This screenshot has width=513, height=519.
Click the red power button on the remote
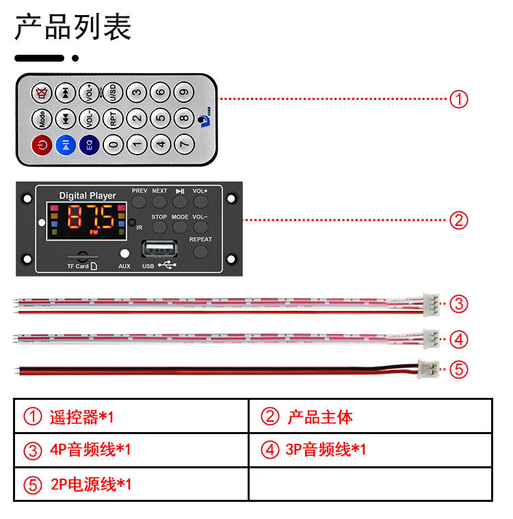click(x=41, y=144)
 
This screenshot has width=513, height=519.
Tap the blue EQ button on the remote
click(x=88, y=144)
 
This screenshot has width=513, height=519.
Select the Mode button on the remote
click(x=41, y=118)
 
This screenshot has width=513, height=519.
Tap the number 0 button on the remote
click(x=113, y=144)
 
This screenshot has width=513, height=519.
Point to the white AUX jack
click(x=124, y=253)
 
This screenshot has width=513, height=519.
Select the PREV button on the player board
click(x=140, y=201)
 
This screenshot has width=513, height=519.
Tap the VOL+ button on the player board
click(x=200, y=201)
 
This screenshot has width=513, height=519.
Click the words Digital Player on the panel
click(x=88, y=196)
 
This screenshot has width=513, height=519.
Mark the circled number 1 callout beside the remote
click(x=459, y=99)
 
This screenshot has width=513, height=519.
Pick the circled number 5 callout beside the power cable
click(x=459, y=370)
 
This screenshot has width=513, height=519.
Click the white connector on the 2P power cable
click(x=429, y=369)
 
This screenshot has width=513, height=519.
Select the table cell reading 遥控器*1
click(x=130, y=416)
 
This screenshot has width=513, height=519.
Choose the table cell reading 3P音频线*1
click(x=369, y=450)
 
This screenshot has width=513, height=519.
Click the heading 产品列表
click(x=73, y=28)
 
